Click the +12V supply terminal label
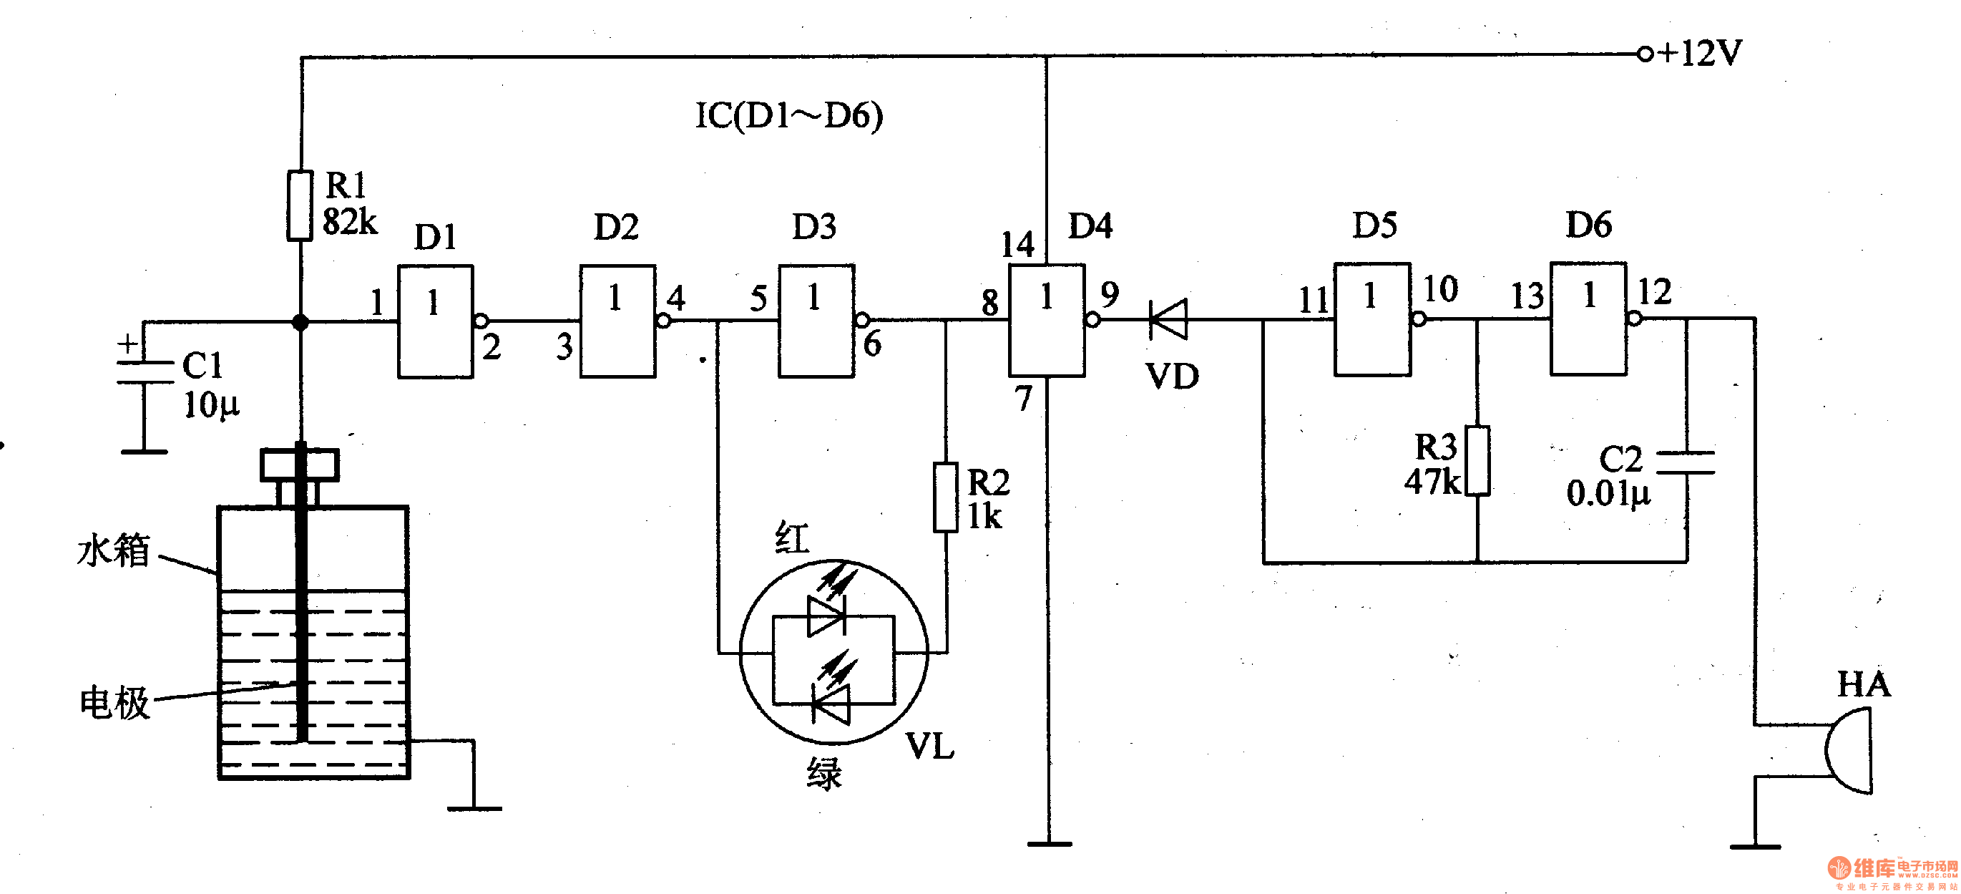[1699, 53]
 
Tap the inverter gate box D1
[436, 321]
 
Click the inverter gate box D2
[617, 321]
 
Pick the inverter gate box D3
[816, 321]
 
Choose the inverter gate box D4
[1047, 320]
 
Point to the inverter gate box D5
[1371, 319]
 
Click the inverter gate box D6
[1589, 319]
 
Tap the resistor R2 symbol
[946, 497]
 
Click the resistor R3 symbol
[1477, 462]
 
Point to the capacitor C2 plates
[1686, 462]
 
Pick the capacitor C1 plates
[145, 372]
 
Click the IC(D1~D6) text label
[788, 116]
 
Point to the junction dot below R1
[300, 322]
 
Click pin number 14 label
[1017, 246]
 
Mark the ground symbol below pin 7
[1049, 844]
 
